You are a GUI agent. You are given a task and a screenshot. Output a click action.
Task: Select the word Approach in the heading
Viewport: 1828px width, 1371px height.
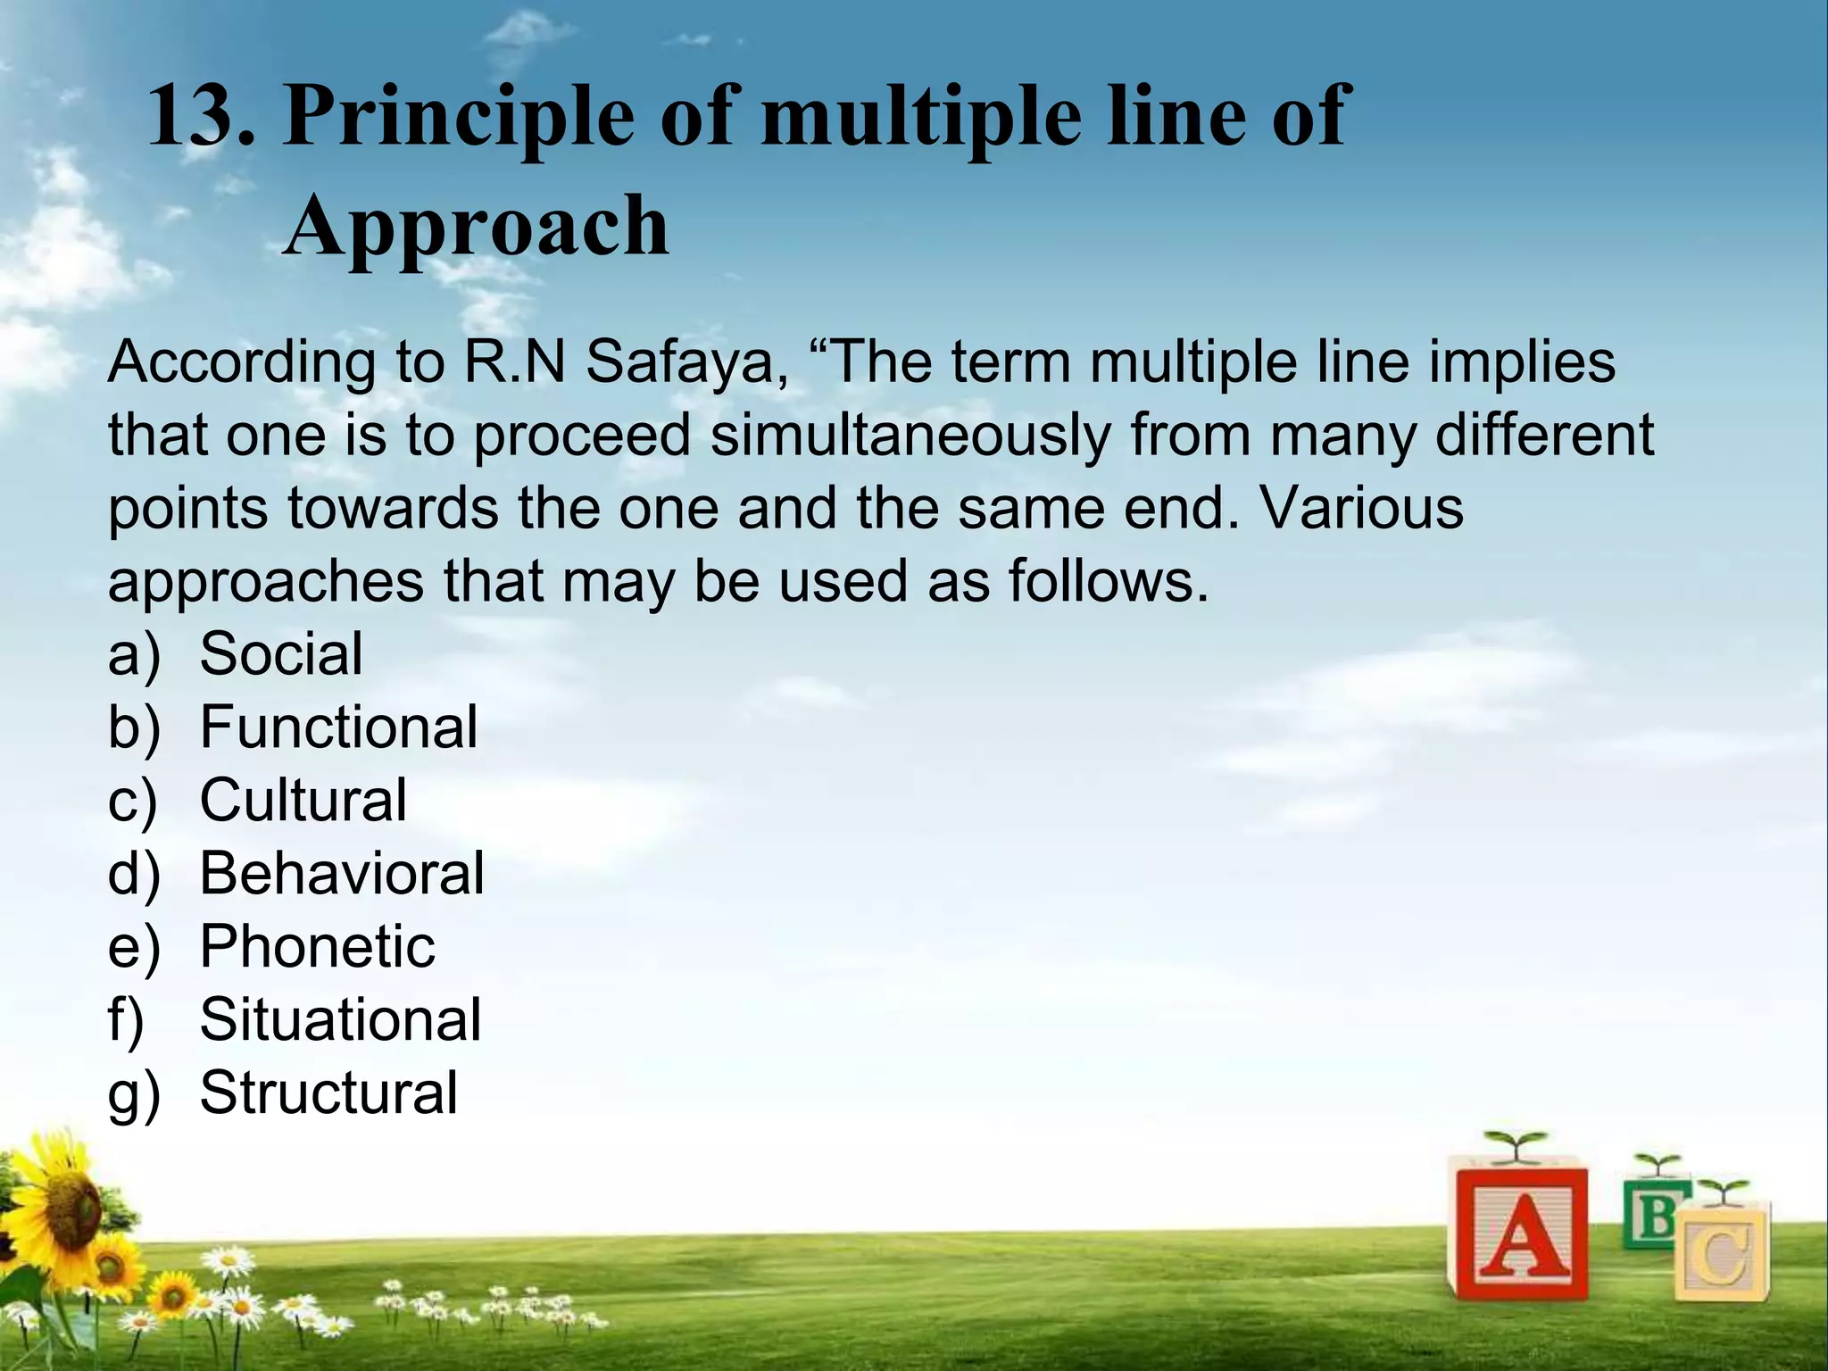click(476, 227)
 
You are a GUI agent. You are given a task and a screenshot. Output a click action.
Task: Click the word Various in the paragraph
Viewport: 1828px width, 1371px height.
click(1362, 508)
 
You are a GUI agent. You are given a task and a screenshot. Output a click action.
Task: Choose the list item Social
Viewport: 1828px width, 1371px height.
click(281, 653)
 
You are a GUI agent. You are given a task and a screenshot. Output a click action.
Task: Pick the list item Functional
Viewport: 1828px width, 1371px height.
click(338, 727)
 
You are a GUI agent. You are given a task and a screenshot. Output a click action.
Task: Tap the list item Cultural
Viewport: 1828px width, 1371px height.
click(303, 800)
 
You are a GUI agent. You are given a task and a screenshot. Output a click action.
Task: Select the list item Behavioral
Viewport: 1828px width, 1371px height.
click(341, 873)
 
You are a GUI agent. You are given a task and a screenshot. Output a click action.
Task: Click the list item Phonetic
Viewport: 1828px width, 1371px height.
click(317, 946)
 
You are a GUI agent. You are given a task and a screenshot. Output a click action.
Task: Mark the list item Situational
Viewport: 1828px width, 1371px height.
click(340, 1019)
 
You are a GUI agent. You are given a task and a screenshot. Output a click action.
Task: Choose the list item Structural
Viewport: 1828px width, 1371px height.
click(328, 1093)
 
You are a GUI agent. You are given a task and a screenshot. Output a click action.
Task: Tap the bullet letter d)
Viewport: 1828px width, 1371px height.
click(134, 874)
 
